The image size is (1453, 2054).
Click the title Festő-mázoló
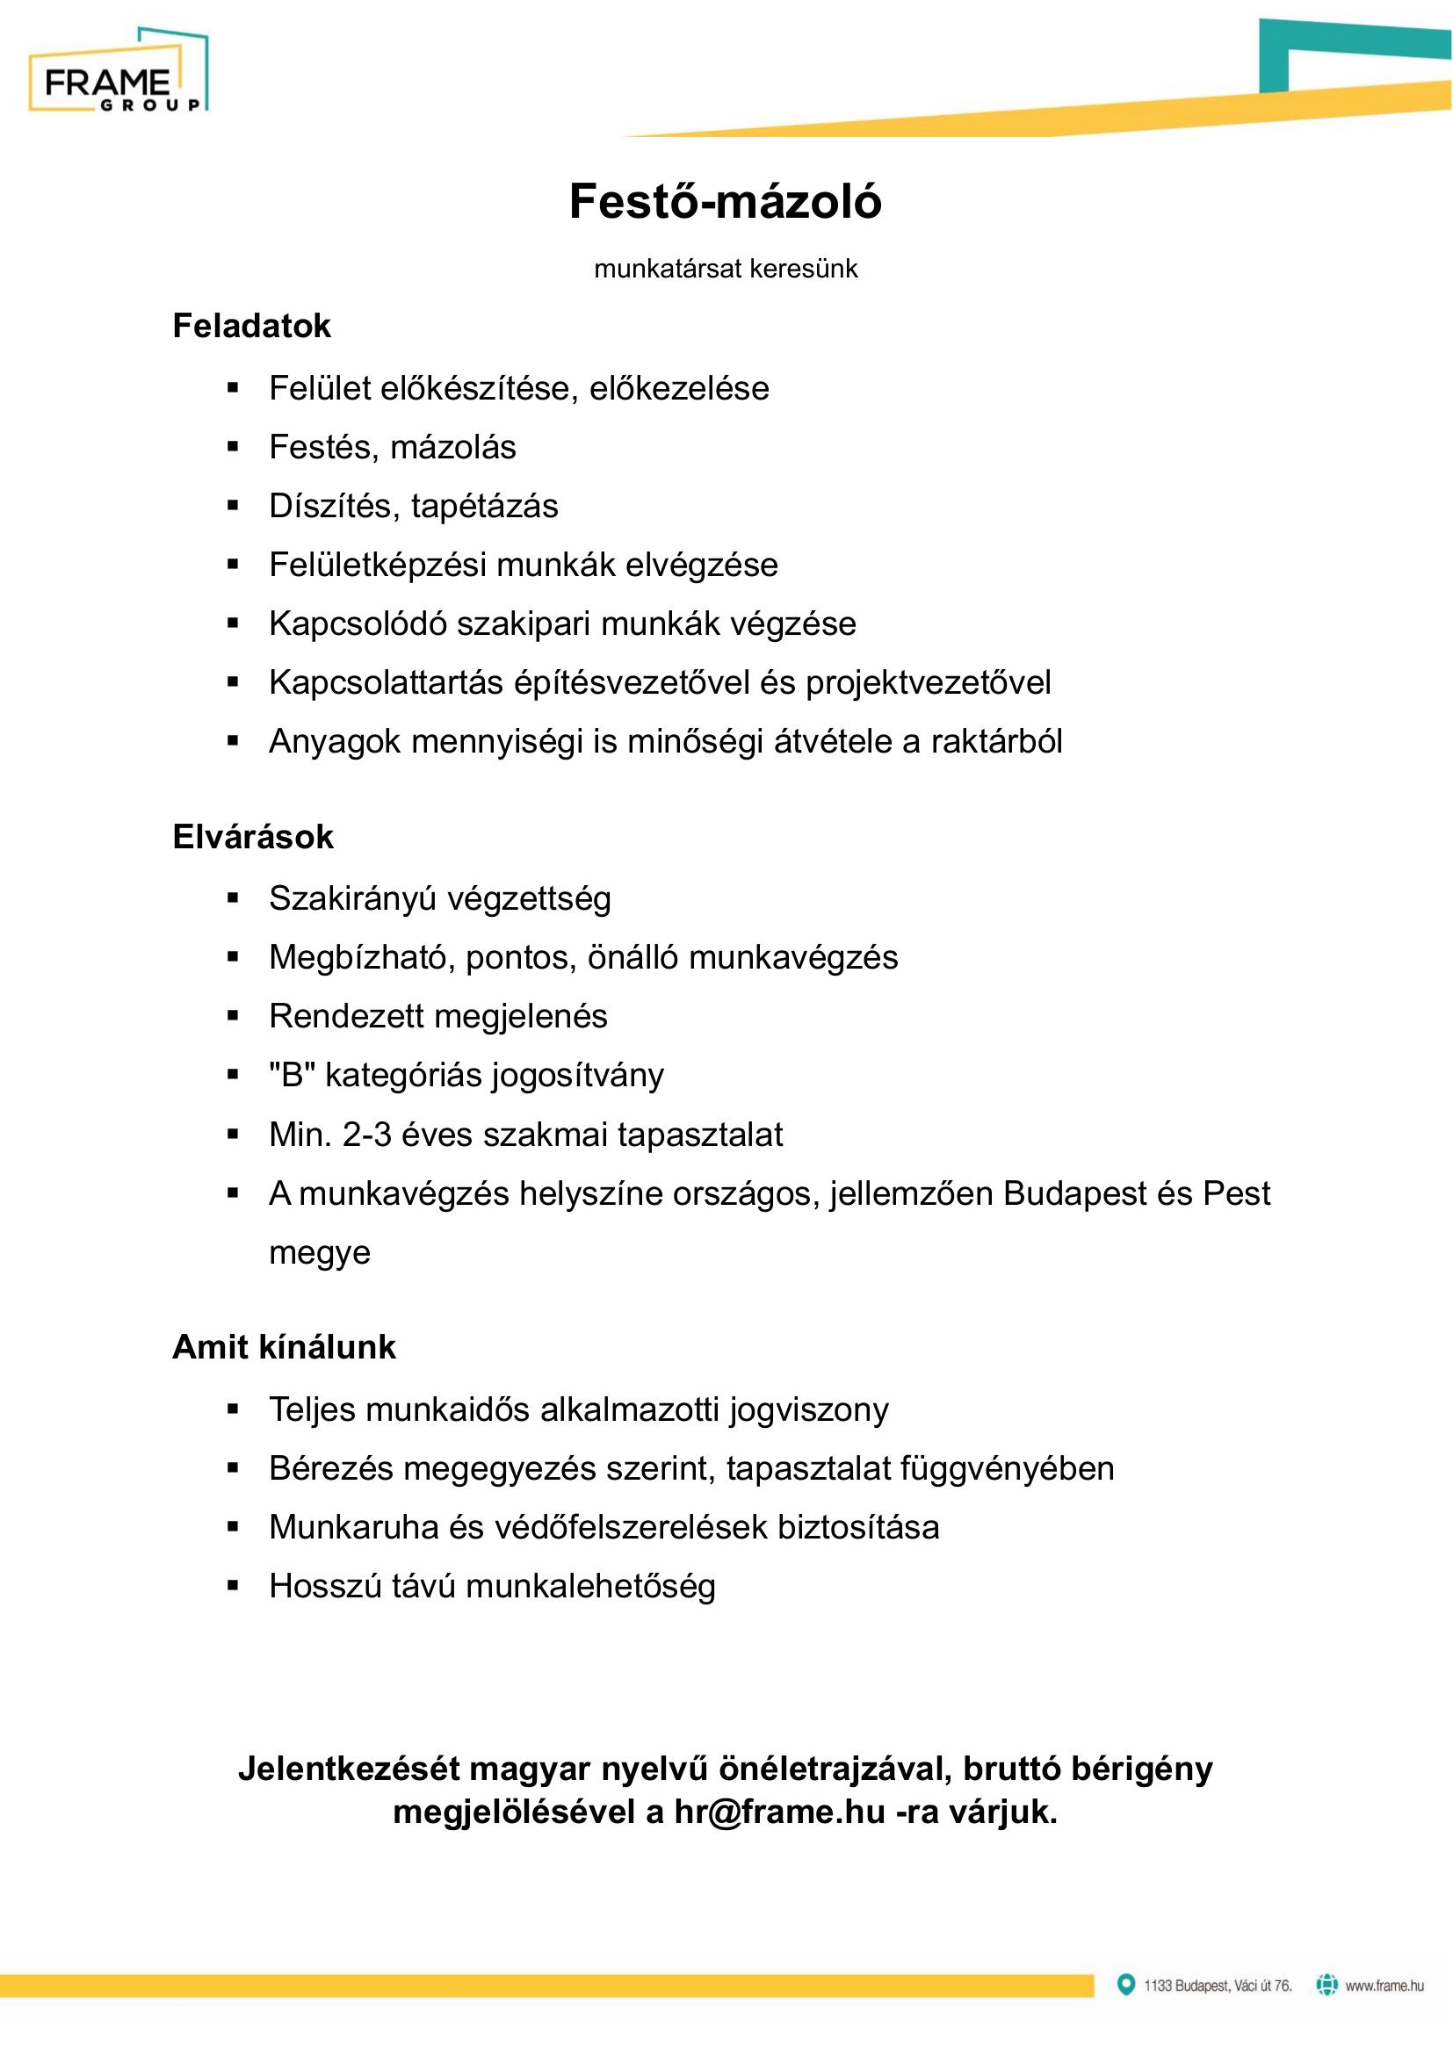click(725, 201)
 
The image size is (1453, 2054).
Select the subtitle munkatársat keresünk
click(725, 270)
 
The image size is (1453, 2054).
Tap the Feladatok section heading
click(251, 327)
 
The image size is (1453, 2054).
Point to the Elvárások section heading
click(252, 838)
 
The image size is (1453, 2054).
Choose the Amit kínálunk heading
click(284, 1347)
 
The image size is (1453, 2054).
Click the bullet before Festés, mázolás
click(234, 447)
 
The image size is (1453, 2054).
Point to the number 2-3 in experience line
click(367, 1135)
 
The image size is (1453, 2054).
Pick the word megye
click(320, 1253)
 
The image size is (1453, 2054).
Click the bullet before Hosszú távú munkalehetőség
click(234, 1587)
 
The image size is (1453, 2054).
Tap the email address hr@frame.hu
click(779, 1813)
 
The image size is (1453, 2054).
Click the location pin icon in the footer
click(1126, 1986)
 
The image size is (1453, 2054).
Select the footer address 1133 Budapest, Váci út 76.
click(1218, 1986)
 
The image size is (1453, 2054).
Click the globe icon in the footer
click(1326, 1986)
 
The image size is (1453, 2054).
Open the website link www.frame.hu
click(1384, 1986)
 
